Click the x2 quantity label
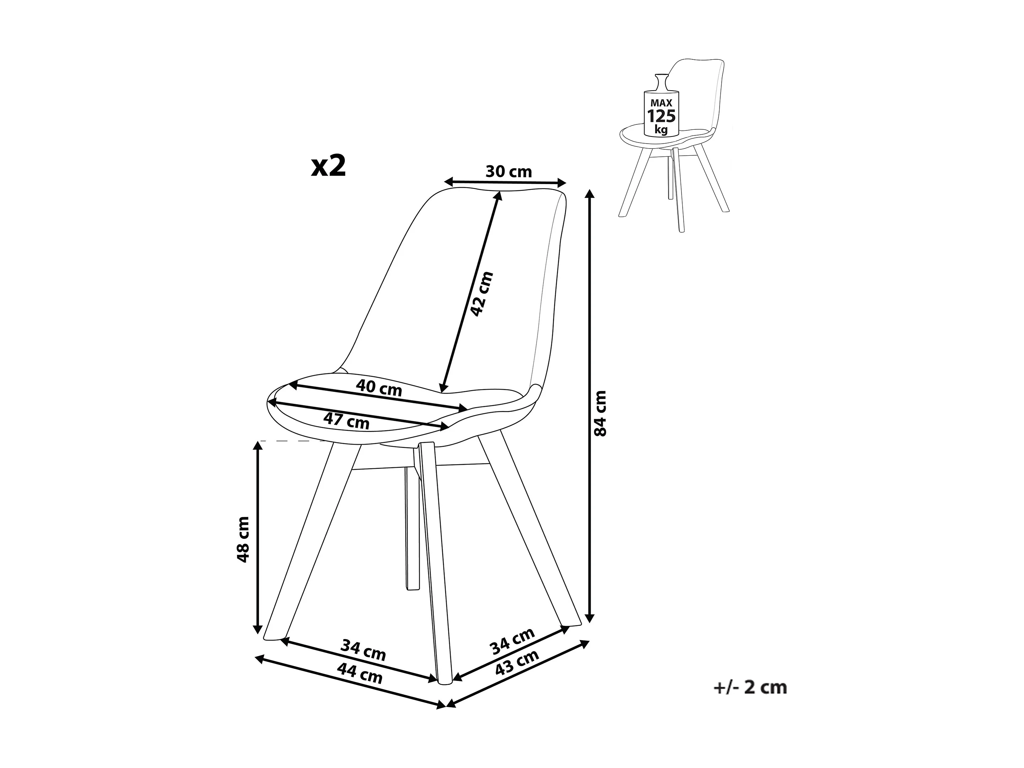tap(328, 166)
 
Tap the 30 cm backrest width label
tap(508, 172)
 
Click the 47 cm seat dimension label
tap(346, 420)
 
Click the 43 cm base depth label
tap(517, 663)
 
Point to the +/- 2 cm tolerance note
tap(750, 700)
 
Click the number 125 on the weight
tap(661, 116)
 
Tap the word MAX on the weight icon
tap(661, 103)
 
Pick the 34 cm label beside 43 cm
tap(512, 641)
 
